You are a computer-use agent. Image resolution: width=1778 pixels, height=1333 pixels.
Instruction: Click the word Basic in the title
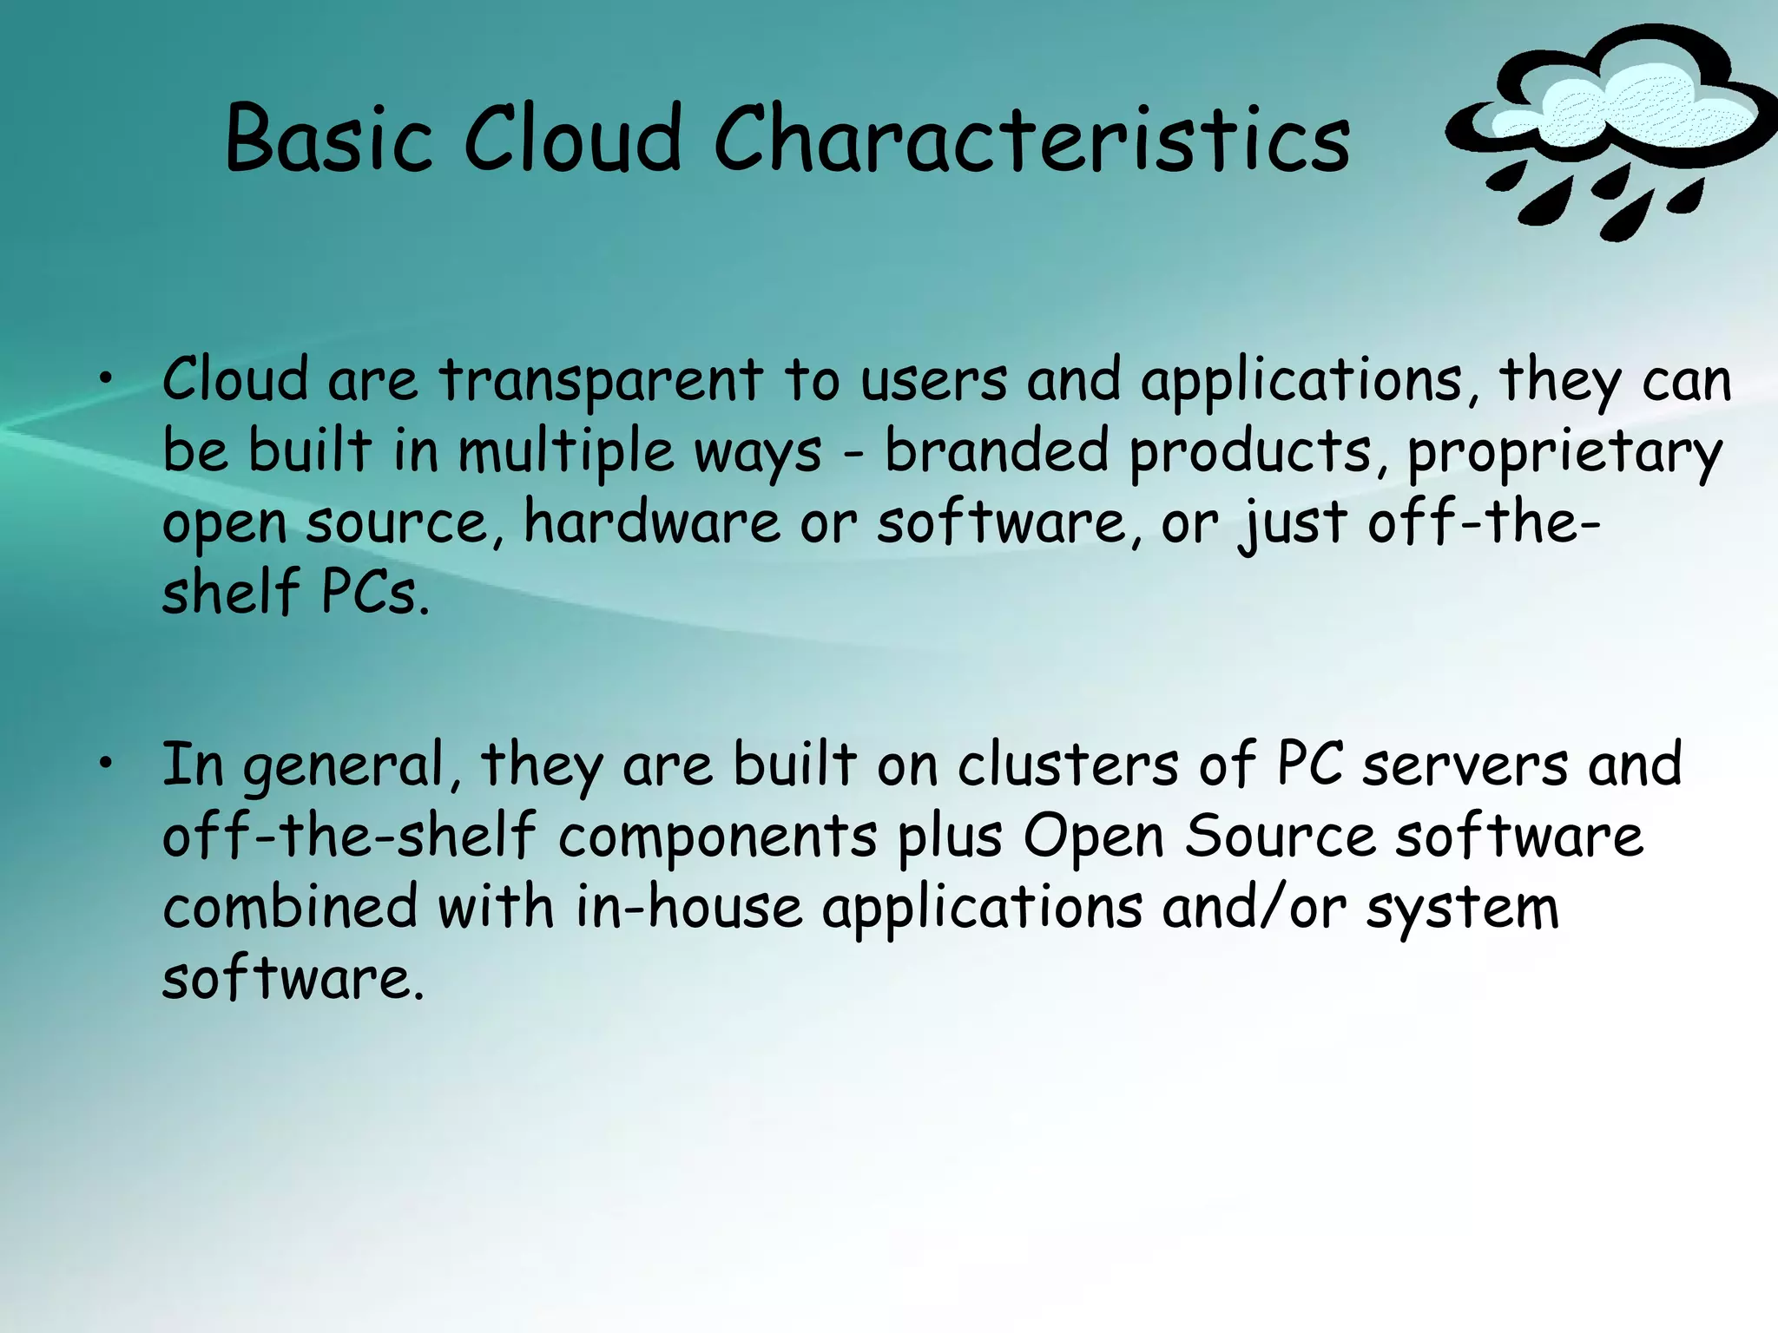coord(328,139)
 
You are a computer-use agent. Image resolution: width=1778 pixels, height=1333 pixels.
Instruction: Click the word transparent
coord(600,382)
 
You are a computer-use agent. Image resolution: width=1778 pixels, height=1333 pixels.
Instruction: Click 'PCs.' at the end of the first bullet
coord(375,594)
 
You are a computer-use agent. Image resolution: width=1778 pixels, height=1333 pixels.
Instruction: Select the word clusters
coord(1067,765)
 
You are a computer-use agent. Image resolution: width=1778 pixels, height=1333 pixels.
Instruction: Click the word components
coord(717,838)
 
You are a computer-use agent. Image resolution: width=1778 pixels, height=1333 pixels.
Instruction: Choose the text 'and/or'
coord(1254,908)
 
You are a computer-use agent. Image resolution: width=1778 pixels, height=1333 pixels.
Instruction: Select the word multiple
coord(565,453)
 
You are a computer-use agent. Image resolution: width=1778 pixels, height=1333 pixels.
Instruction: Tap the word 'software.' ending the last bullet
coord(293,979)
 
